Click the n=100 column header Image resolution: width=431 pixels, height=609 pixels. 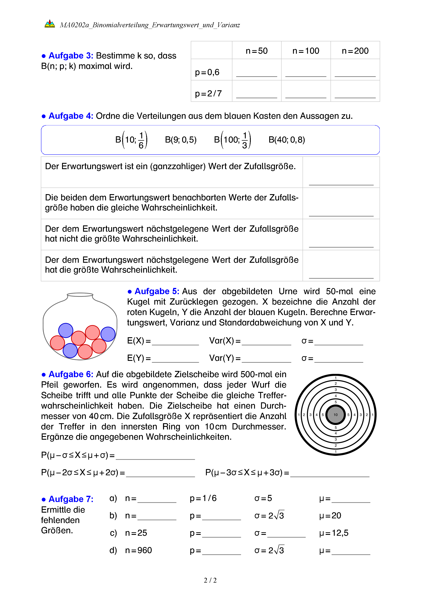306,51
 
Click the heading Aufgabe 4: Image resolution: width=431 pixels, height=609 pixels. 71,116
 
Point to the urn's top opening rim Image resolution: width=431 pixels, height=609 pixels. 80,294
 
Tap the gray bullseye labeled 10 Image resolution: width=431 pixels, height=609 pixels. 335,415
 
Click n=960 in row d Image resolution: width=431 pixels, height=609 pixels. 138,550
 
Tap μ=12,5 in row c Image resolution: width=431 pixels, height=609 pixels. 334,533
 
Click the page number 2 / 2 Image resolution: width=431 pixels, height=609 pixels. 210,580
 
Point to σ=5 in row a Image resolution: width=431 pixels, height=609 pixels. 263,498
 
